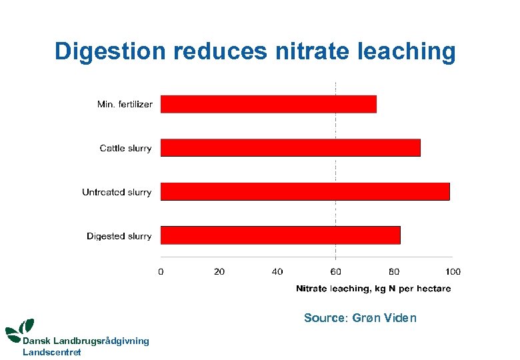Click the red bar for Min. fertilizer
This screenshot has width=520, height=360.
tap(269, 104)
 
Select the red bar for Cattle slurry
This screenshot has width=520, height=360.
tap(291, 147)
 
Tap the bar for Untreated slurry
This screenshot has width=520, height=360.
tap(305, 191)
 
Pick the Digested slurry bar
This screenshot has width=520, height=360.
tap(281, 235)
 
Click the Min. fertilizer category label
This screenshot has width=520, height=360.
tap(125, 104)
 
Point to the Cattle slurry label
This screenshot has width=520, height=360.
tap(125, 148)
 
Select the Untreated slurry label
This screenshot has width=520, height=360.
tap(117, 192)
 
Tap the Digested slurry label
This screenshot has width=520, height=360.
tap(119, 236)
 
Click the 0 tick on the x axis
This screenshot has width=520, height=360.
tap(161, 271)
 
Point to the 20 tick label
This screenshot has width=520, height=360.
tap(219, 271)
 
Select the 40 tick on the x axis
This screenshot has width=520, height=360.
tap(277, 271)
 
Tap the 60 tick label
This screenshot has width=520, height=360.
tap(335, 271)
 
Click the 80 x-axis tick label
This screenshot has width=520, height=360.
tap(394, 271)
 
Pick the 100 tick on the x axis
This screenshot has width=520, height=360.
tap(453, 271)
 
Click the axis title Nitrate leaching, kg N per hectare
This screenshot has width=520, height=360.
tap(373, 289)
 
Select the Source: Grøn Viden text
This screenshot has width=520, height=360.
tap(360, 318)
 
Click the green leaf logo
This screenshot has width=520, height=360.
tap(19, 329)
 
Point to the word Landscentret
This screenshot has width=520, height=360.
tap(52, 352)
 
